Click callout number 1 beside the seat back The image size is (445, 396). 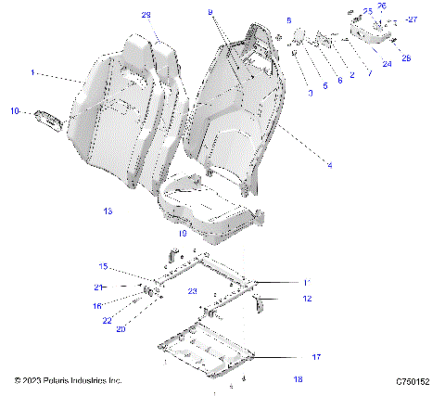click(x=33, y=71)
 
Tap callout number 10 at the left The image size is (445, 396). click(x=15, y=111)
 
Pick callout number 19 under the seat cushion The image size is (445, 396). click(x=183, y=235)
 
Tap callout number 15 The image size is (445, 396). click(x=104, y=267)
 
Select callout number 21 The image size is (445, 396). click(x=96, y=287)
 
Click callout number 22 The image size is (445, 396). click(x=108, y=321)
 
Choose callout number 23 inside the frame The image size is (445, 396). click(x=193, y=291)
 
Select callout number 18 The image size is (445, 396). click(x=298, y=378)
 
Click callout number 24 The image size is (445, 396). click(x=387, y=64)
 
